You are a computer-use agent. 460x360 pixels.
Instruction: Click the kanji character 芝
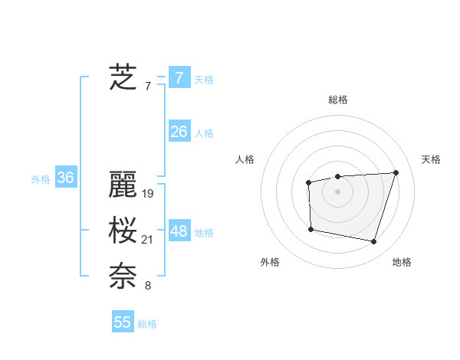click(123, 77)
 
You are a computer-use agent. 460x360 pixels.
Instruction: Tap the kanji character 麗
click(123, 185)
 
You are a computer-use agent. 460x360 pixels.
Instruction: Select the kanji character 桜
click(123, 231)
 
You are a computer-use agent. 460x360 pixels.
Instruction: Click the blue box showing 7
click(179, 78)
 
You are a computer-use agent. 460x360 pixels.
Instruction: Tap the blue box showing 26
click(179, 132)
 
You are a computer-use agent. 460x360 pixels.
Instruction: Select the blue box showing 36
click(65, 178)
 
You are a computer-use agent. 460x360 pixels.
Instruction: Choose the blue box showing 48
click(179, 231)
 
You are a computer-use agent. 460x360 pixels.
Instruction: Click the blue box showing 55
click(123, 322)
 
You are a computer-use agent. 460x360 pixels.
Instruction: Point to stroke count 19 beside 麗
click(148, 194)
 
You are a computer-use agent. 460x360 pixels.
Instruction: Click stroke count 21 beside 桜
click(148, 241)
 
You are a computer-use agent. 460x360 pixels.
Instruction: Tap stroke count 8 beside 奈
click(148, 286)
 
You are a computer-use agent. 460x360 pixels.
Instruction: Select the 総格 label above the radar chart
click(338, 100)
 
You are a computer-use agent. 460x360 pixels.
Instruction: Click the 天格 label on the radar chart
click(431, 159)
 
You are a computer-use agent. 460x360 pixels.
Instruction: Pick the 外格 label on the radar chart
click(270, 262)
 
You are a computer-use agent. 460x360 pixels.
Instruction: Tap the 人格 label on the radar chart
click(245, 159)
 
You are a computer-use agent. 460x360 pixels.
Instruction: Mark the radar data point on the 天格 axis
click(396, 172)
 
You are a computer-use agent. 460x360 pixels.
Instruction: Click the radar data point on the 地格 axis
click(373, 242)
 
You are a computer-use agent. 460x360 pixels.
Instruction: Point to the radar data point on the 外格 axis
click(310, 229)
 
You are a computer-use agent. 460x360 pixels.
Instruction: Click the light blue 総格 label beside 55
click(147, 324)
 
